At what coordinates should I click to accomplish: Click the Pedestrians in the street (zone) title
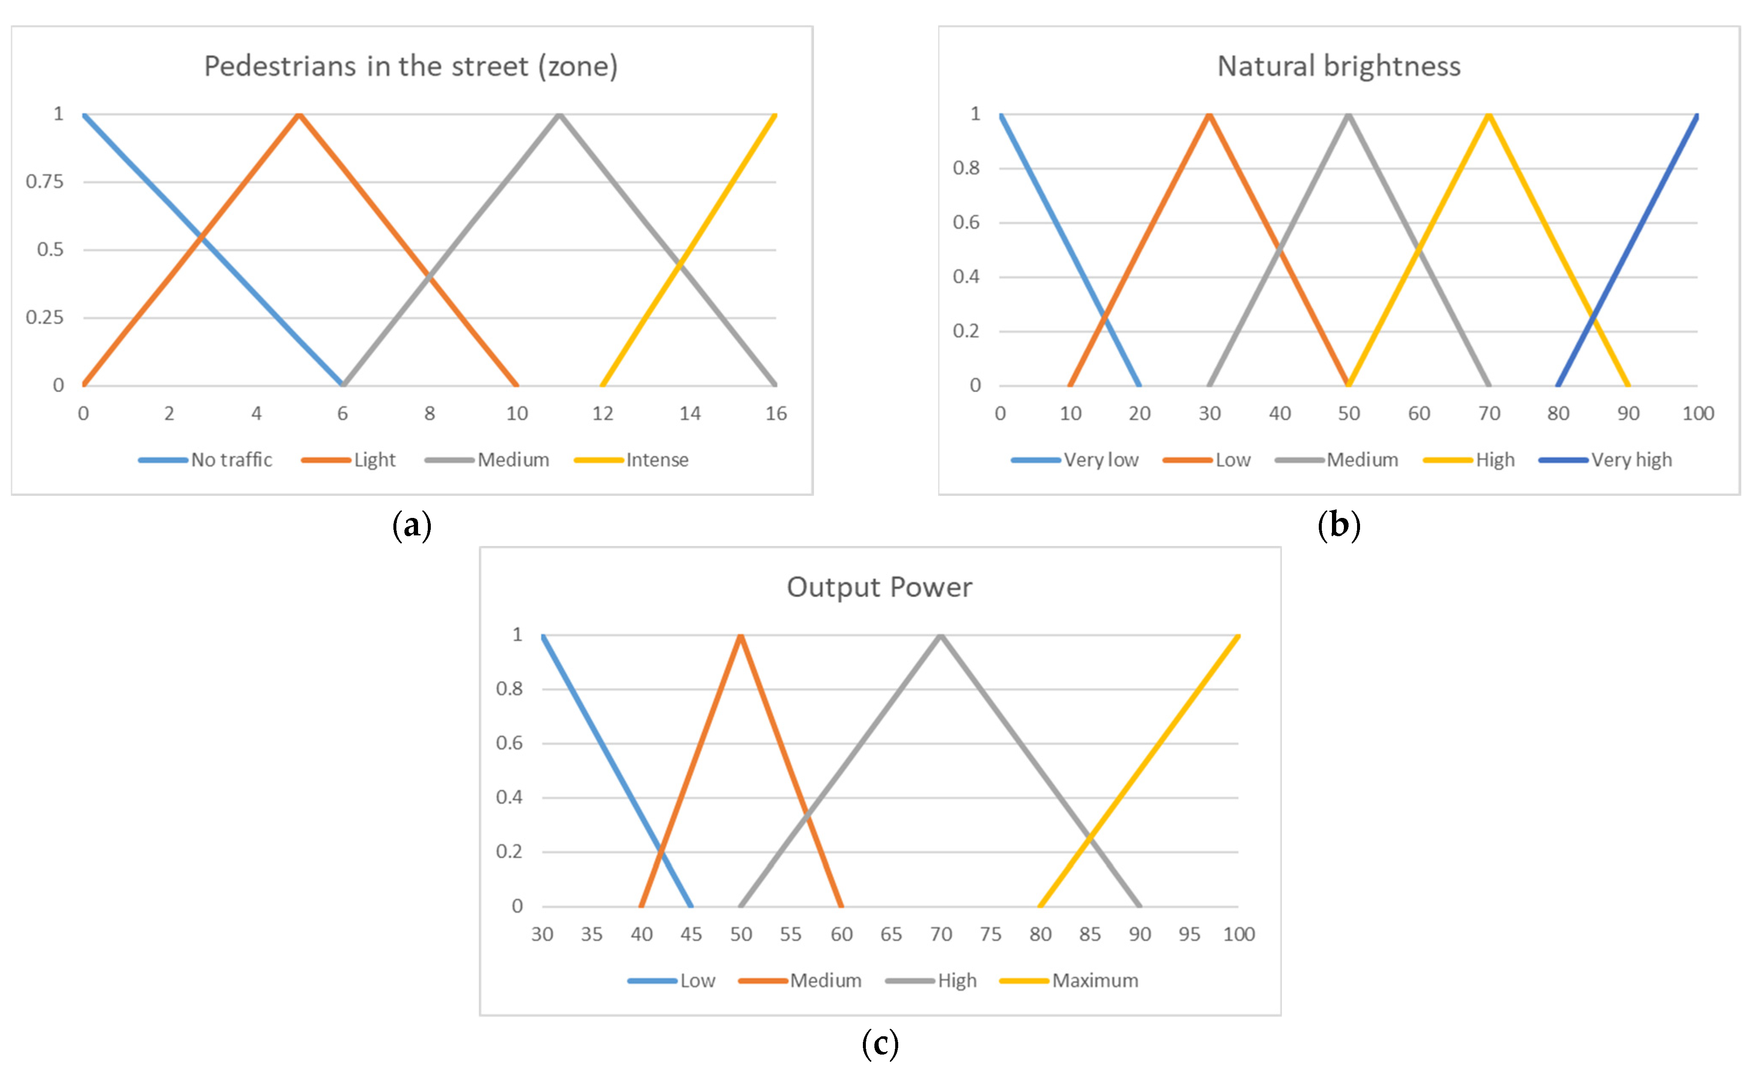coord(410,66)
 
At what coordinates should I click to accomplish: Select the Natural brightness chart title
coord(1338,66)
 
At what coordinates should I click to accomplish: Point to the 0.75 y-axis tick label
coord(45,182)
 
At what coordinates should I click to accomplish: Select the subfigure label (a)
coord(412,526)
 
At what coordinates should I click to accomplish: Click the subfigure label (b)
coord(1339,526)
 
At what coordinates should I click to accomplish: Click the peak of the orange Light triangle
coord(299,114)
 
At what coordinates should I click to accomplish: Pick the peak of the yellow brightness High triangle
coord(1488,114)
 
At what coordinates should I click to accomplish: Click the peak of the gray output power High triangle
coord(941,635)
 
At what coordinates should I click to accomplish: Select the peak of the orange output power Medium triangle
coord(740,635)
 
